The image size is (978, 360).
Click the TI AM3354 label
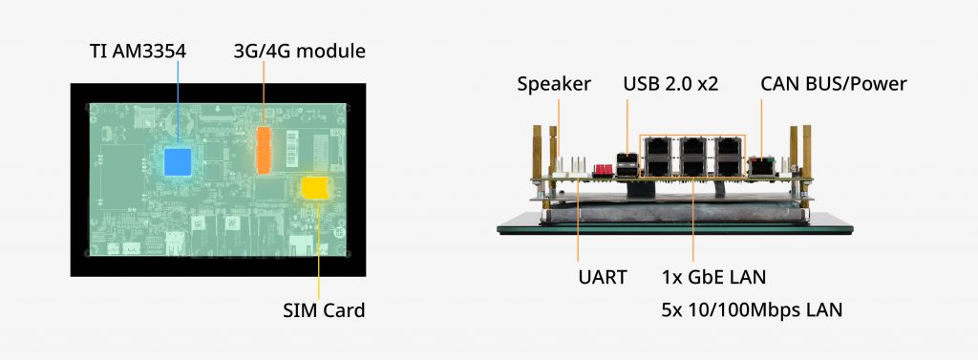[138, 52]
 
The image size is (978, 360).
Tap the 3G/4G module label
[299, 52]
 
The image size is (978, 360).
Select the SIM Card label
[324, 309]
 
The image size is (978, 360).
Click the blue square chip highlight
[178, 161]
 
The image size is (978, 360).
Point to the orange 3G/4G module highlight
[264, 150]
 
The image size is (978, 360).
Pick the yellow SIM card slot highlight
[315, 188]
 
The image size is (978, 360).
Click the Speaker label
[554, 84]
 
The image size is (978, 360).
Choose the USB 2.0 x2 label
[670, 84]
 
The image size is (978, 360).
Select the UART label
[602, 277]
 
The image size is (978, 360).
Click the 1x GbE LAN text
[713, 277]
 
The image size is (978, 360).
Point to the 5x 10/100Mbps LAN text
[752, 309]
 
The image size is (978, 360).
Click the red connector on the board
[604, 169]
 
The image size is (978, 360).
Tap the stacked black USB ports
[627, 163]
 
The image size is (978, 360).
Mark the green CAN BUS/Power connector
[760, 164]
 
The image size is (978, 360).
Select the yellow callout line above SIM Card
[319, 249]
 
